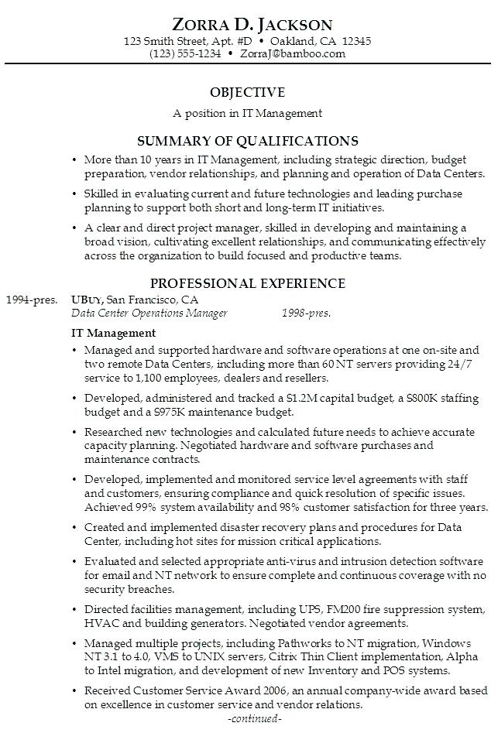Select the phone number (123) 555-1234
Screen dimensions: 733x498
click(x=186, y=53)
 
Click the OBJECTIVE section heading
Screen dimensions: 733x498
click(x=248, y=92)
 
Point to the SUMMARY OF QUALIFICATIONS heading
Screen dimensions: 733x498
click(x=248, y=141)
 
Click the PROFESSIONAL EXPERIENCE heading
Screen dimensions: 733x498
click(x=248, y=283)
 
